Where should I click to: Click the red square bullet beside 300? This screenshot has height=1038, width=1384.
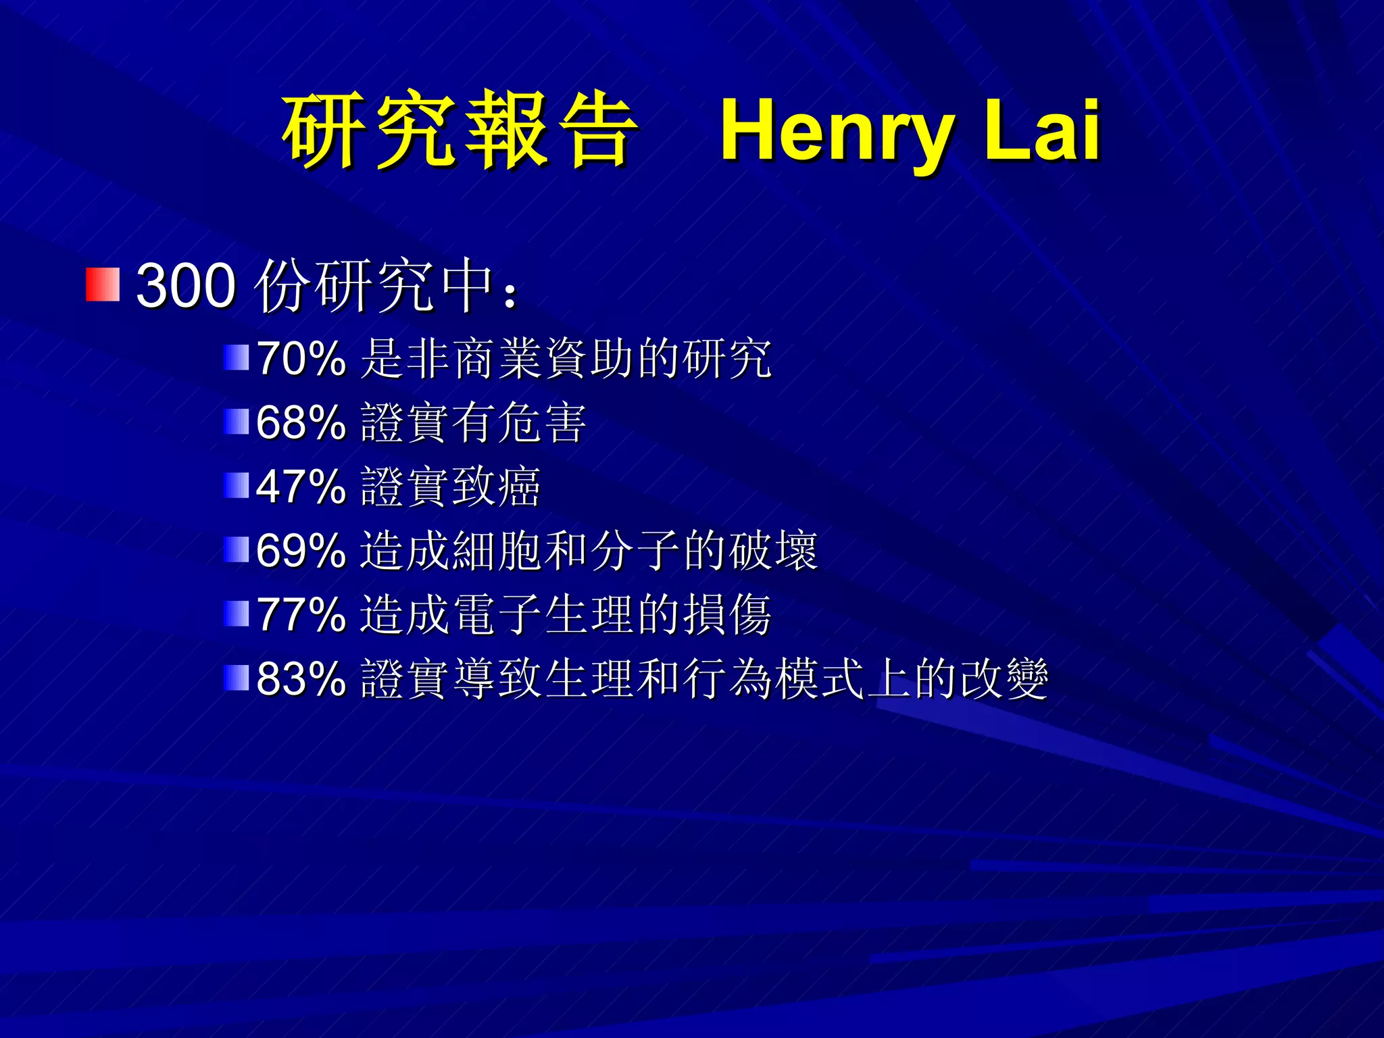click(103, 284)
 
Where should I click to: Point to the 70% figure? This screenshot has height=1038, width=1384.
click(301, 358)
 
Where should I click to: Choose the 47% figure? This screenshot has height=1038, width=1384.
click(301, 487)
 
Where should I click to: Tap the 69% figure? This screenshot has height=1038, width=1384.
click(301, 551)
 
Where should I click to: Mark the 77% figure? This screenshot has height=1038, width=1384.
click(301, 615)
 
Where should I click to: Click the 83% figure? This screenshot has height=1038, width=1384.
click(301, 678)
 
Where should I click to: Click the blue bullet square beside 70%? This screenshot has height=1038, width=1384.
click(237, 357)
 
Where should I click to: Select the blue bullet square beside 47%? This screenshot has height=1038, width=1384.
click(237, 485)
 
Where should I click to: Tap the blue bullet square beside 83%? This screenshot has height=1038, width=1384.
click(237, 678)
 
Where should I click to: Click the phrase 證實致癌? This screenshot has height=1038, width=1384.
click(450, 487)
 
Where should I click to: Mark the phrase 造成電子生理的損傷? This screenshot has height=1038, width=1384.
click(565, 615)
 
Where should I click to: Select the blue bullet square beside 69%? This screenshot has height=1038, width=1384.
click(237, 549)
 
